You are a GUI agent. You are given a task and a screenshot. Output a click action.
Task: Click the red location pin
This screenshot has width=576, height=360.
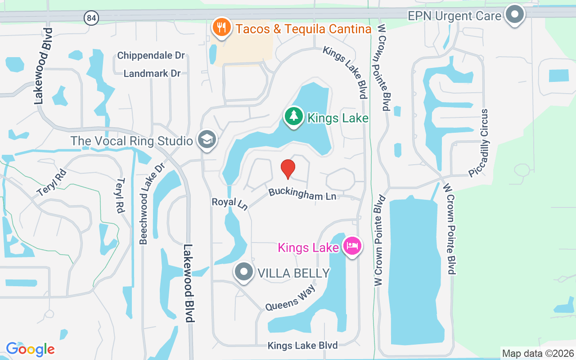point(288,169)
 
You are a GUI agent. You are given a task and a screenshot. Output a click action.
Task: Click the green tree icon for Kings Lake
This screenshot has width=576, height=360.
point(294,117)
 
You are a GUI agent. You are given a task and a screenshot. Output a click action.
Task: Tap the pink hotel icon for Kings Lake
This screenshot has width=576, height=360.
point(352,246)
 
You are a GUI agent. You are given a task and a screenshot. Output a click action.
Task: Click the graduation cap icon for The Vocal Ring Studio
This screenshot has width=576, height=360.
point(207,139)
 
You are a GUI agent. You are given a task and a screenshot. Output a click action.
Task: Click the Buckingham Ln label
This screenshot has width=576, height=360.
point(302,194)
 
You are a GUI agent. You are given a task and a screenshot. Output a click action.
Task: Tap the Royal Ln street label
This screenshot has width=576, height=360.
point(229,203)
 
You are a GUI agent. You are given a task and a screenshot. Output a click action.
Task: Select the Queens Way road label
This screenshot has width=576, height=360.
point(290,297)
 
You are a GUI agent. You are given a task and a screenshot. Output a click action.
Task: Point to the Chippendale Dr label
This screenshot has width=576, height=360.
point(151,55)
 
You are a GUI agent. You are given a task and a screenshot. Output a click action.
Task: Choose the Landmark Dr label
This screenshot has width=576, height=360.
point(152,73)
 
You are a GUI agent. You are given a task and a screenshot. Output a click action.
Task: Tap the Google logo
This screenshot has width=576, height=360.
point(30,349)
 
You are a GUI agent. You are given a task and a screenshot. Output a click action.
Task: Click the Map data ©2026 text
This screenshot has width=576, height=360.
point(538,353)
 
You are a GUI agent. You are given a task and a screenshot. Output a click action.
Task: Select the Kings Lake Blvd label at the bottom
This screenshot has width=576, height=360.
point(302,346)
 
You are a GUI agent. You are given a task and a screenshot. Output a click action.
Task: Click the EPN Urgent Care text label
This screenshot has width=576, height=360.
point(454,16)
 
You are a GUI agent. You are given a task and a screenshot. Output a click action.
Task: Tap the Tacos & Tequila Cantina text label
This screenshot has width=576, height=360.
point(304,29)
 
